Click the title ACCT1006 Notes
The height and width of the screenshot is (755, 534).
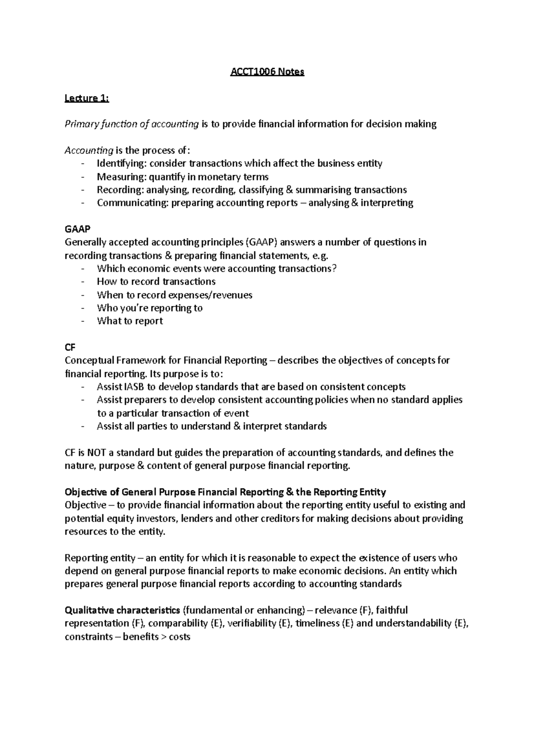(267, 72)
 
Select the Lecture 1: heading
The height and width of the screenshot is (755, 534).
(87, 98)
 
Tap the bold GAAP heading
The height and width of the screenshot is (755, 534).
(77, 229)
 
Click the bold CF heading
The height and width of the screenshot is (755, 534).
(71, 347)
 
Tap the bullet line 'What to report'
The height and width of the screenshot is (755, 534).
(129, 321)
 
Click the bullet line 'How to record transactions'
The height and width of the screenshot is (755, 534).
(156, 281)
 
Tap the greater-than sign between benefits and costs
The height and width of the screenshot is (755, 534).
(163, 637)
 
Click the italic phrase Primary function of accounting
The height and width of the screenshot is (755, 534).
(132, 124)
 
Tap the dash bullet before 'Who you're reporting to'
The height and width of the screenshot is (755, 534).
(83, 308)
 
